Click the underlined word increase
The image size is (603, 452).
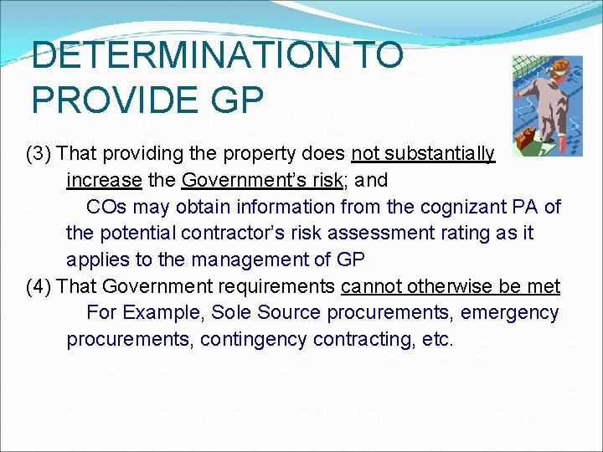(104, 180)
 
